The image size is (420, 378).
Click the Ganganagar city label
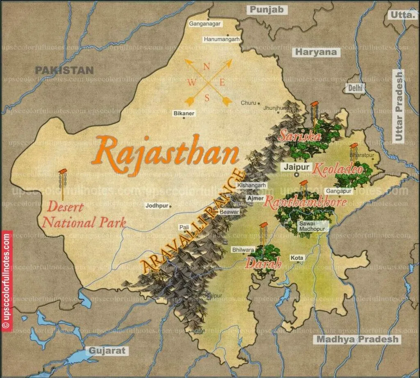coord(205,24)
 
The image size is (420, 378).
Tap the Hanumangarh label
coord(221,39)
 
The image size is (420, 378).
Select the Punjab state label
coord(267,10)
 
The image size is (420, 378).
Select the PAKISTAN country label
coord(64,70)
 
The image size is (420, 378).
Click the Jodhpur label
coord(157,206)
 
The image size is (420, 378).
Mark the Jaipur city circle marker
coord(297,175)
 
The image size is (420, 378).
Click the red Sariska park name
coord(299,136)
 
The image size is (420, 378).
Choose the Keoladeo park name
coord(338,169)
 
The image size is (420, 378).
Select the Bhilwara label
coord(243,249)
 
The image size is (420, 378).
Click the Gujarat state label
coord(106,351)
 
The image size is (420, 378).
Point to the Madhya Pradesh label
coord(357,339)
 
